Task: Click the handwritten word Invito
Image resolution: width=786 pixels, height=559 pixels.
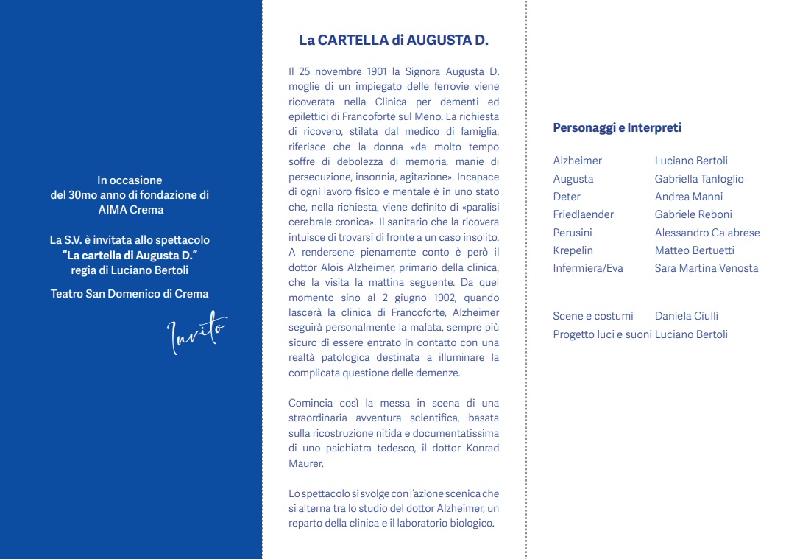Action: point(196,333)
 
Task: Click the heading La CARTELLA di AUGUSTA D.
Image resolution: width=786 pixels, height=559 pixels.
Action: point(394,41)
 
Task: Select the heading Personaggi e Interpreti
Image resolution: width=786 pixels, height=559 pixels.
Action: point(617,128)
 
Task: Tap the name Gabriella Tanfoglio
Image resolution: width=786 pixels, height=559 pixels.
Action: point(699,179)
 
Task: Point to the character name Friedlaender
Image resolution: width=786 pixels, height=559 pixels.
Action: point(583,214)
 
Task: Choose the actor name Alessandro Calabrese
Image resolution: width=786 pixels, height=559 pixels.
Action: point(707,233)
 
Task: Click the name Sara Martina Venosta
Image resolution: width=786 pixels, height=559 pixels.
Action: point(706,268)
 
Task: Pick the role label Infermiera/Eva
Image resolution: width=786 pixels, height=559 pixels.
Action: point(587,268)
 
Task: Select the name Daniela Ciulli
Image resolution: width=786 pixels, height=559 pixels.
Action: point(686,316)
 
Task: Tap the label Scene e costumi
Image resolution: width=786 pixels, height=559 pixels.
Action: point(592,316)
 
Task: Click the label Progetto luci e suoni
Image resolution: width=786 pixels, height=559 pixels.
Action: point(601,334)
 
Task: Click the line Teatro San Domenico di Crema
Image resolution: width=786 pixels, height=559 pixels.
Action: point(130,294)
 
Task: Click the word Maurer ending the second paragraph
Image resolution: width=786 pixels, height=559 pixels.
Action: point(305,463)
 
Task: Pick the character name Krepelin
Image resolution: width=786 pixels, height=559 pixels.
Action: point(573,250)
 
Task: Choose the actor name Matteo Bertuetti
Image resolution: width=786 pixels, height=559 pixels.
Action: point(694,250)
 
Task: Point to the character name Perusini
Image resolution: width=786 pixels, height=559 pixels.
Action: point(572,233)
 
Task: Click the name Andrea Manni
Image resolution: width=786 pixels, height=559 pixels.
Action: point(688,197)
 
